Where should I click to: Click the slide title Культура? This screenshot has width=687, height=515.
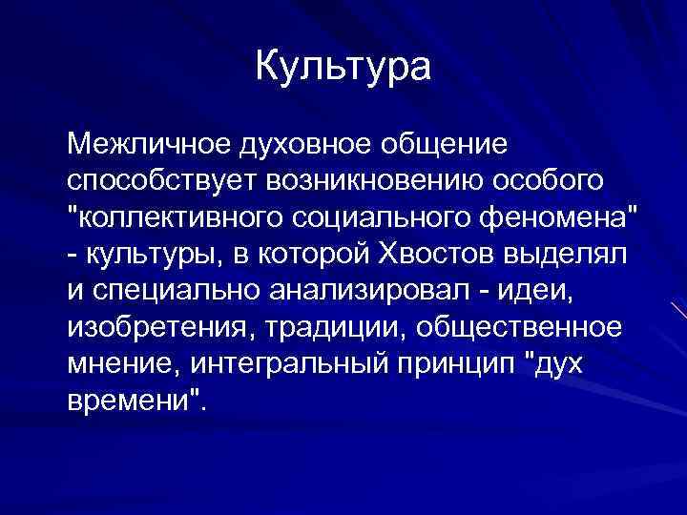click(x=343, y=67)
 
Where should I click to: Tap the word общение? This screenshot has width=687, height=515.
click(x=445, y=147)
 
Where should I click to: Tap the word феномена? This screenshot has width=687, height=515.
click(x=562, y=212)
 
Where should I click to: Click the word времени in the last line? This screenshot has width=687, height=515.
click(x=131, y=395)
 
